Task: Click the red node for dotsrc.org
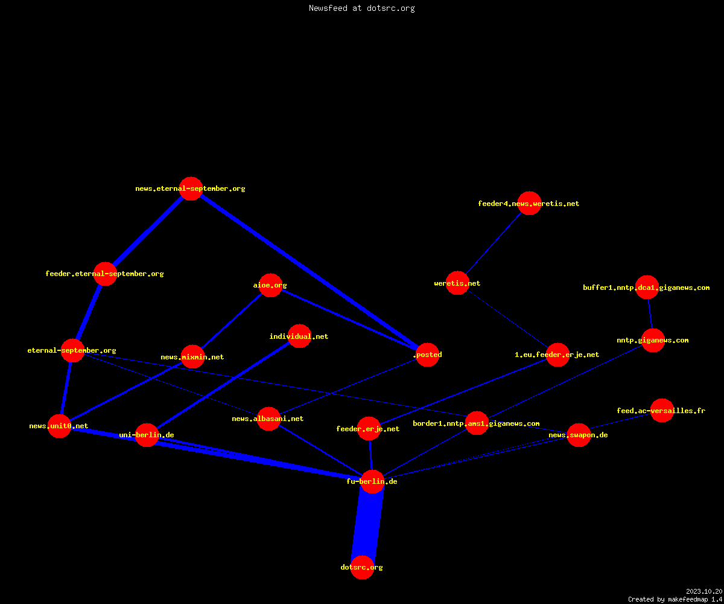363,567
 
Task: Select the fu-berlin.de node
373,481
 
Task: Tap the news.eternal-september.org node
191,188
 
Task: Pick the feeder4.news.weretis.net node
530,203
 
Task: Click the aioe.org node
270,285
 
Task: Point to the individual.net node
300,336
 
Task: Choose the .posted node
428,355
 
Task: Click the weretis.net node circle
458,283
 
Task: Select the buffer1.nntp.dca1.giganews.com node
647,287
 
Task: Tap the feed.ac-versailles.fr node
662,410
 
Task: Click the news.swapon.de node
579,435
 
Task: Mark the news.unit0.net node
60,426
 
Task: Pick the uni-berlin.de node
147,435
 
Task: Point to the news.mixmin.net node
193,356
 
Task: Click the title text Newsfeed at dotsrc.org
361,8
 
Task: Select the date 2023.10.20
704,591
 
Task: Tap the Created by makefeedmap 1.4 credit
675,600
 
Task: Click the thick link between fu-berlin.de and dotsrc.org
367,524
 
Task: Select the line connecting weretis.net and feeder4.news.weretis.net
494,243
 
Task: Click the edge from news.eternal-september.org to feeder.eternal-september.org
148,231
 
